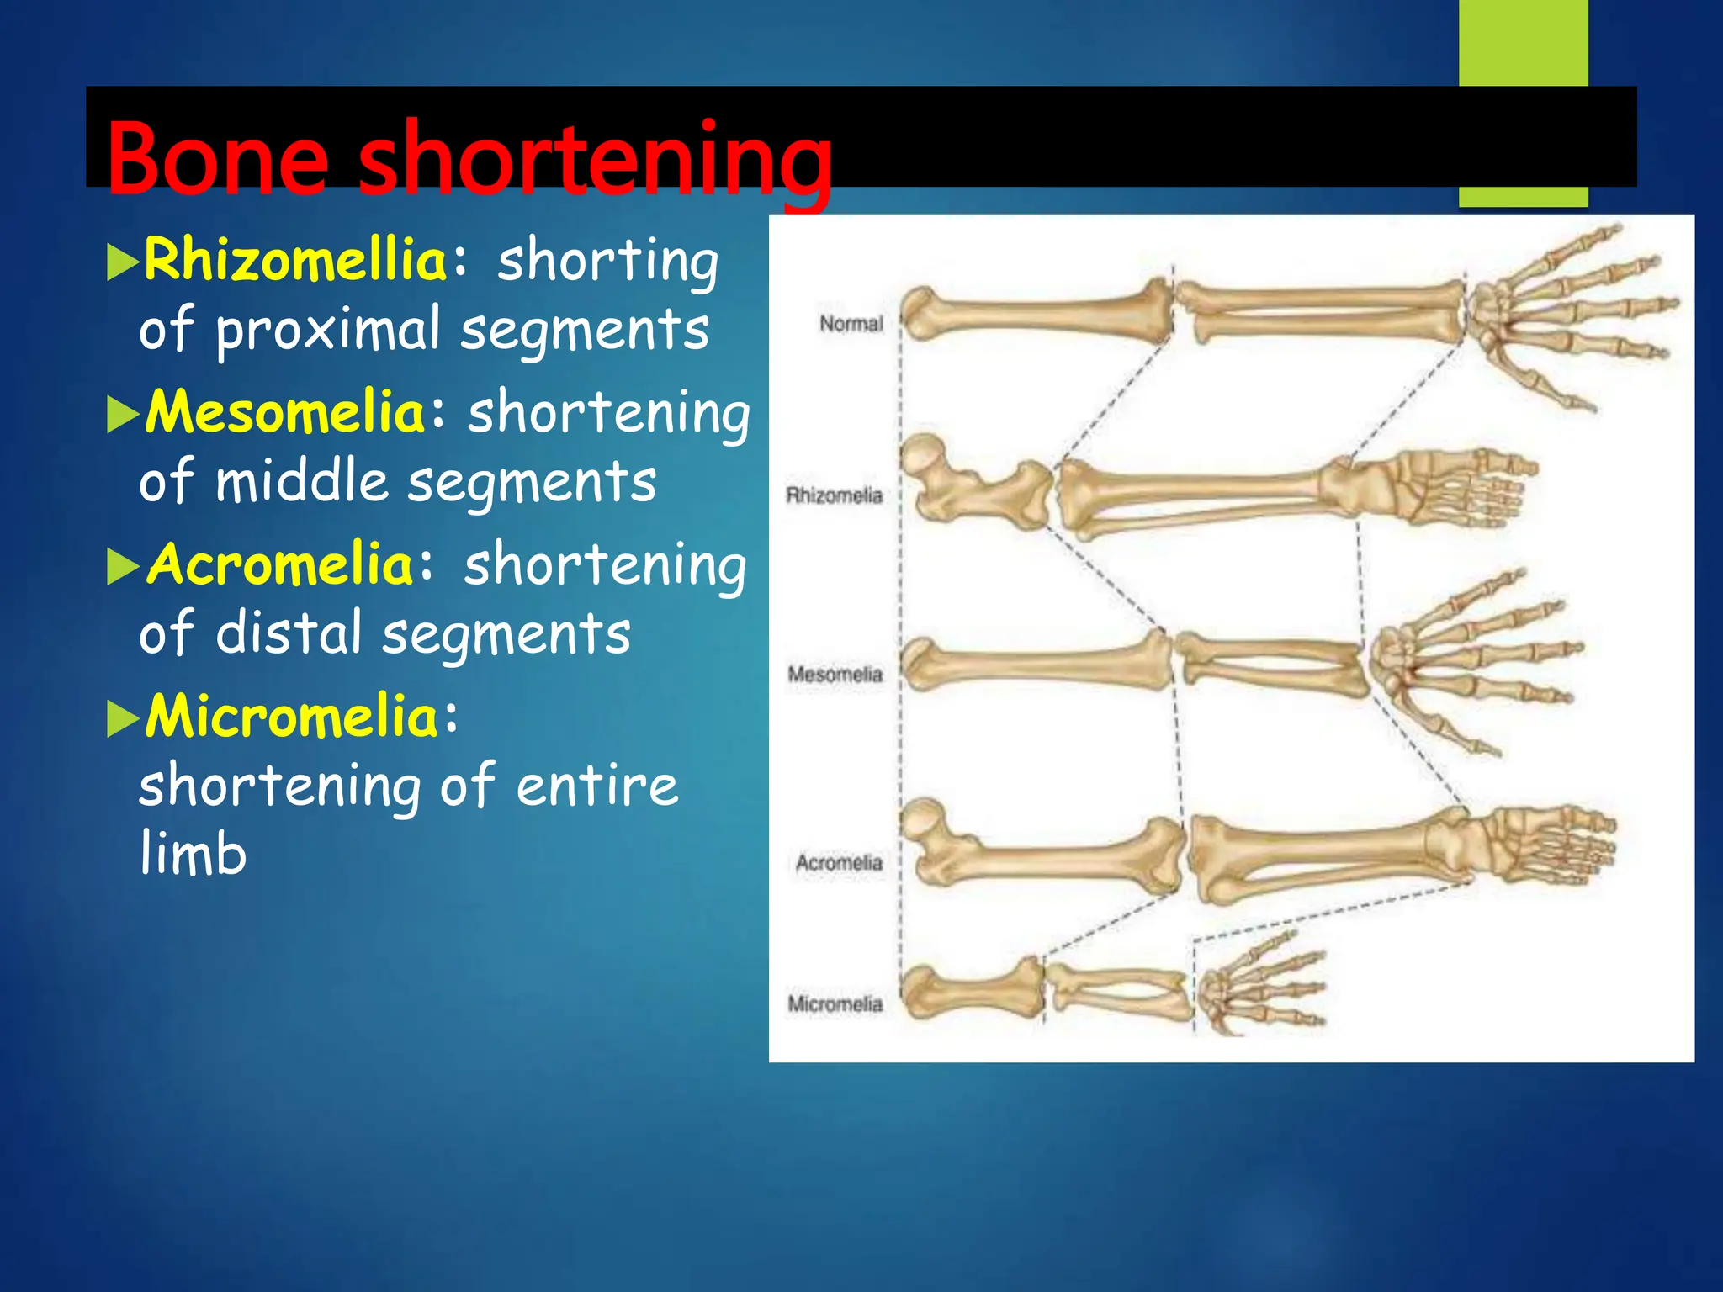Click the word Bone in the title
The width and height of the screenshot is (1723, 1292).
217,159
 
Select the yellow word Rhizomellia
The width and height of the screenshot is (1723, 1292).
295,260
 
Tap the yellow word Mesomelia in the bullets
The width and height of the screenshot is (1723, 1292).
286,412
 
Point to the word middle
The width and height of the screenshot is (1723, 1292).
302,482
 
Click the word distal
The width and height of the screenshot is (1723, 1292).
289,633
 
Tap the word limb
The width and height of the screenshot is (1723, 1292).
194,853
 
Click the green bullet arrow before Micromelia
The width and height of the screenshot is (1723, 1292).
123,720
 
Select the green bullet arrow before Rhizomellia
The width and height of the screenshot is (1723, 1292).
123,264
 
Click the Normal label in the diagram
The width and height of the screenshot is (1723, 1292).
851,324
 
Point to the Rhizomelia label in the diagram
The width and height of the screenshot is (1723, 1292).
834,495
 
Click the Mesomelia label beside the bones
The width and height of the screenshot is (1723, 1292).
835,675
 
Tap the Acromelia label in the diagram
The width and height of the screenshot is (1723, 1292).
839,863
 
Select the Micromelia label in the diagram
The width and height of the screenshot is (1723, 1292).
835,1004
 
